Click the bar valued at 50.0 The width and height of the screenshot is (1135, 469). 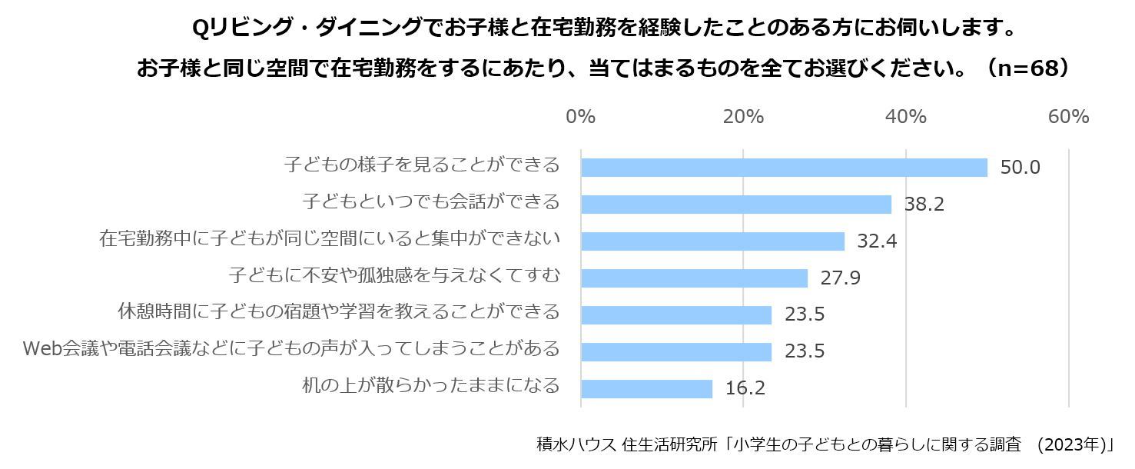point(784,167)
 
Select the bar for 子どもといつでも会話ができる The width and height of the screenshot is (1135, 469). point(736,204)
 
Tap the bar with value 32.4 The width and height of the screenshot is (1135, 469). point(712,241)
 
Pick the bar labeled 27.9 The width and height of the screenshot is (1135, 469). point(694,278)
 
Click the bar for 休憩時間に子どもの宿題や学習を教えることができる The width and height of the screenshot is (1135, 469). point(676,314)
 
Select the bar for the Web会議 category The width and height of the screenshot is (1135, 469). point(676,351)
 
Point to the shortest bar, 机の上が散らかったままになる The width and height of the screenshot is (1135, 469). point(646,388)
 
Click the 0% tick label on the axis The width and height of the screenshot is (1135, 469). point(581,117)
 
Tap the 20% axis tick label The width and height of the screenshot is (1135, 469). point(743,117)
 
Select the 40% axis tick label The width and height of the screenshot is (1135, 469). point(906,117)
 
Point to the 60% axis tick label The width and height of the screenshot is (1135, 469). point(1068,117)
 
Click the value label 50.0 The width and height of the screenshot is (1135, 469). point(1020,168)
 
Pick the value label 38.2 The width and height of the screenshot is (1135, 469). point(924,205)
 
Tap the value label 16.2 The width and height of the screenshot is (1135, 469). point(745,389)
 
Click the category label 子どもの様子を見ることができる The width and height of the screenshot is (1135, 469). point(422,165)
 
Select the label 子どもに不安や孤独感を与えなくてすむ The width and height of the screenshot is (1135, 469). point(394,275)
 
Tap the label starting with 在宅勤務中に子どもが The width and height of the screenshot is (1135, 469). point(330,239)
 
